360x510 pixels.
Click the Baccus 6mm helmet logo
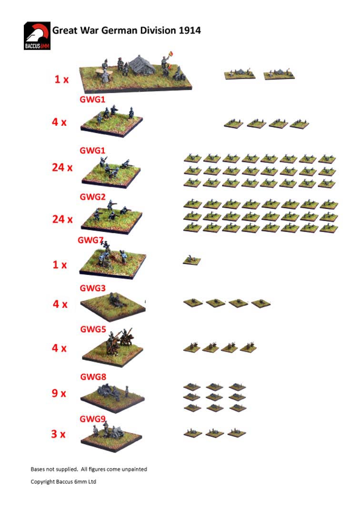point(37,36)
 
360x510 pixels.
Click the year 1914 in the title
point(190,31)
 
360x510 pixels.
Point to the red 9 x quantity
point(59,393)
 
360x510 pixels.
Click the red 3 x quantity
point(58,434)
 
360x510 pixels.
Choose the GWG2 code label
point(92,197)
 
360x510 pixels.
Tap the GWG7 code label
point(90,240)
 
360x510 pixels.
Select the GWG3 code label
point(92,288)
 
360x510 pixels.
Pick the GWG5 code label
point(93,329)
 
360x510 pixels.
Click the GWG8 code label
point(93,377)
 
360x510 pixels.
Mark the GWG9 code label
point(92,419)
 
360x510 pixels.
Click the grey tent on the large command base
point(142,65)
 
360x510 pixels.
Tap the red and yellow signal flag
point(170,54)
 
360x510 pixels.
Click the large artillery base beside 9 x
point(112,398)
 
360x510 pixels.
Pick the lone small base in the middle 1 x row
point(192,260)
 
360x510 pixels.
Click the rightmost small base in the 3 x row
point(237,433)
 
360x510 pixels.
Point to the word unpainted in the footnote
point(135,469)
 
